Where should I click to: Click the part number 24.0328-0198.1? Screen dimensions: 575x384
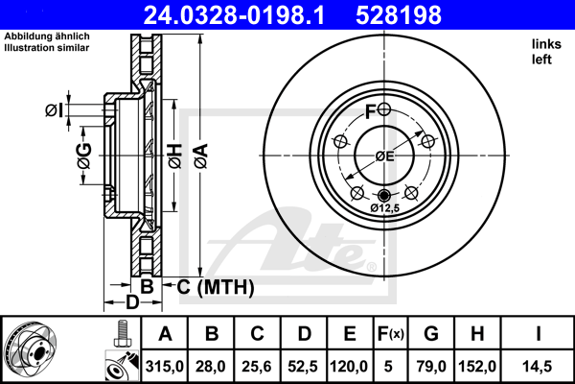234,15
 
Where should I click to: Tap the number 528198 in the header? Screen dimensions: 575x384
399,15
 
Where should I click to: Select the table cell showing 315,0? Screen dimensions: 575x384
164,367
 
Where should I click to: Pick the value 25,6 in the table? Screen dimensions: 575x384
257,367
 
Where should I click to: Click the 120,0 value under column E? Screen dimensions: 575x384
349,367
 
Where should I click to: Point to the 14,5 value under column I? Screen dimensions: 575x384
538,367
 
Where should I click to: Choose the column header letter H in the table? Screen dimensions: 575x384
477,334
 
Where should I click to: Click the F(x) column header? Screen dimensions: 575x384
391,334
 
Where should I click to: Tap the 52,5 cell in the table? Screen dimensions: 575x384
303,367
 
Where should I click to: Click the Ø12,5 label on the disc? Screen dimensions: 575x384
384,208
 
